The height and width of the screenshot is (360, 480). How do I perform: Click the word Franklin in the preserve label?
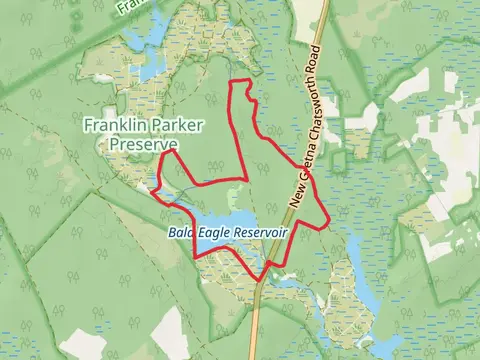111,127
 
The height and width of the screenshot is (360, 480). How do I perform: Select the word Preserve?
142,145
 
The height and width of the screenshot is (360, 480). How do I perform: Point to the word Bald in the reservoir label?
180,232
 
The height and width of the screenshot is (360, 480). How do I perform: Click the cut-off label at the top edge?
126,5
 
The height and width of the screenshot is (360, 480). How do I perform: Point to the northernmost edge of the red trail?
240,80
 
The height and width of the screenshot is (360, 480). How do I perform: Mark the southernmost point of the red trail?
263,280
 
